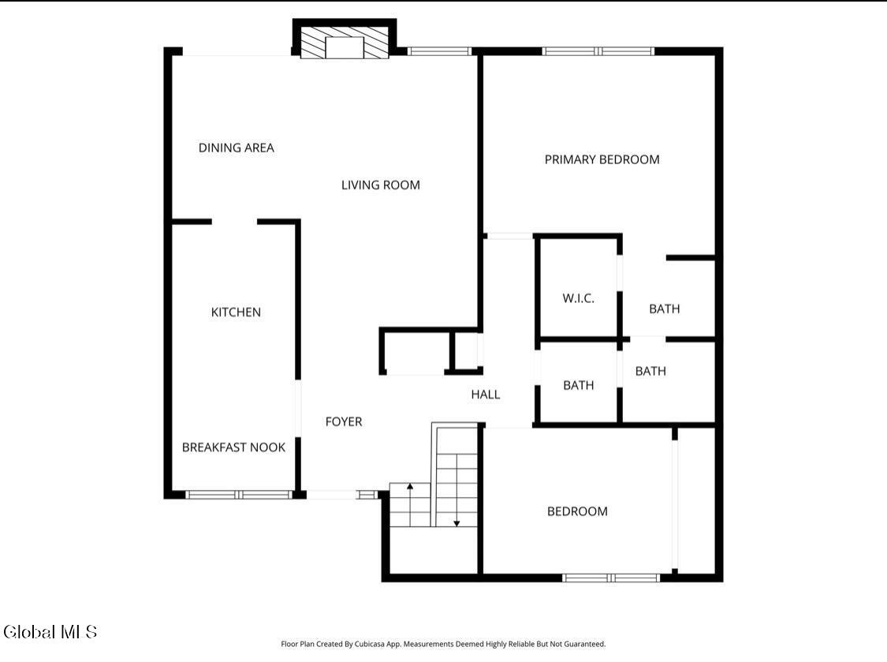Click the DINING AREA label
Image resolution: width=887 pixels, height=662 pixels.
click(236, 148)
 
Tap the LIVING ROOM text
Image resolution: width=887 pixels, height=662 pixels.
click(381, 185)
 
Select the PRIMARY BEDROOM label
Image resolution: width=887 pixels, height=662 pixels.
click(602, 159)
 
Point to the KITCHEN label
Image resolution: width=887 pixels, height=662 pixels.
click(236, 312)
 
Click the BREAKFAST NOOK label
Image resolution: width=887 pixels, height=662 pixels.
click(233, 447)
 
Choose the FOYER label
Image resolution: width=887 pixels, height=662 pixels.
click(344, 422)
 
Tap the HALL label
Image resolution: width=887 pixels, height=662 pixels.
click(486, 395)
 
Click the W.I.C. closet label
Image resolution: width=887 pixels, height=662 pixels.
click(578, 298)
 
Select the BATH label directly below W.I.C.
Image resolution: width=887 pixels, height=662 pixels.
click(578, 386)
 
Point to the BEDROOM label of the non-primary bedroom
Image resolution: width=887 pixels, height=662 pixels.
click(577, 511)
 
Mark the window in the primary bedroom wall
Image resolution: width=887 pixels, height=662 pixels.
click(598, 51)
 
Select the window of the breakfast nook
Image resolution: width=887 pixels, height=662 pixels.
click(239, 495)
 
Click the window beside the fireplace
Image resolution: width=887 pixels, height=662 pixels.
click(439, 51)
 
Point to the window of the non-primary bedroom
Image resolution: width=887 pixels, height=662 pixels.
click(611, 578)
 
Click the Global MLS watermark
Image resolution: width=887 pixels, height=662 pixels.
click(50, 631)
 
